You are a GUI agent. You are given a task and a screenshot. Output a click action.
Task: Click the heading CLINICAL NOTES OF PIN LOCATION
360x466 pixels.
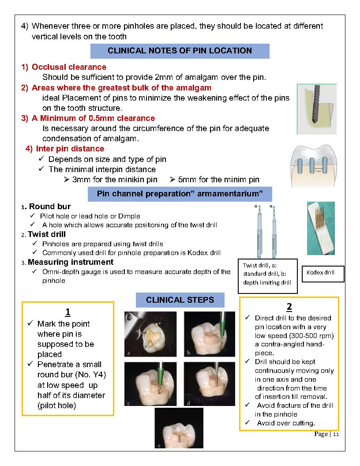pos(180,51)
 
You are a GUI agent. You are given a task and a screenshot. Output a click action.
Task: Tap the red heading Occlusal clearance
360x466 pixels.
pos(69,67)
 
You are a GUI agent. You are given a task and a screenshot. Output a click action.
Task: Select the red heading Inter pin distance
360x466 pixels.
pos(70,149)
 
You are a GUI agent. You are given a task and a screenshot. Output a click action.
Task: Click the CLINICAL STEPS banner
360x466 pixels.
pos(180,300)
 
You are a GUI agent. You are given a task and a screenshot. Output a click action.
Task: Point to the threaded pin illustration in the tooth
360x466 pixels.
pos(317,109)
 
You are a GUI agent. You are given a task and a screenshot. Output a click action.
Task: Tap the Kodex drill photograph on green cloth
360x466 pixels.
pos(321,228)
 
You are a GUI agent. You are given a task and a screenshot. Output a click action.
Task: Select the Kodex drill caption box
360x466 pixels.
pos(323,274)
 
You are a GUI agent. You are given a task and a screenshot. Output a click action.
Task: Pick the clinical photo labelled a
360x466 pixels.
pos(150,334)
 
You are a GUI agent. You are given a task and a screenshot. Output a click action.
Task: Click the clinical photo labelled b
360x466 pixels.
pos(210,334)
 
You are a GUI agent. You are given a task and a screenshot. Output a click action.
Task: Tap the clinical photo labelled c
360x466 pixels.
pos(150,384)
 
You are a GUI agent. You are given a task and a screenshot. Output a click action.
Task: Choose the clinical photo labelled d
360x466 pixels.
pos(210,384)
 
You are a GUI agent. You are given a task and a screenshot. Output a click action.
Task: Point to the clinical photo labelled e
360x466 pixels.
pos(179,428)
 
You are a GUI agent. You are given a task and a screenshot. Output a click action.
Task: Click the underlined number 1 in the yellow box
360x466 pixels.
pos(68,312)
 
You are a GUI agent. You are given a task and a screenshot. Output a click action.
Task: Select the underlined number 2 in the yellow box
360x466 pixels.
pos(289,306)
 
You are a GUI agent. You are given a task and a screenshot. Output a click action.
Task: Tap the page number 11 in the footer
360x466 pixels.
pos(336,435)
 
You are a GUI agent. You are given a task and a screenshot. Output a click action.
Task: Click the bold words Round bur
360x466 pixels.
pos(50,207)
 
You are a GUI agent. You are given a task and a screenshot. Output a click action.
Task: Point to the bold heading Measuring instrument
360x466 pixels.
pos(71,262)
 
